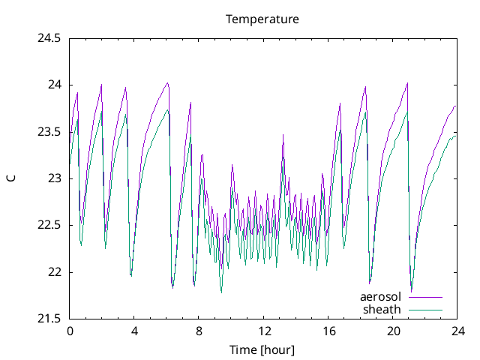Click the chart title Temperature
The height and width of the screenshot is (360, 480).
point(262,19)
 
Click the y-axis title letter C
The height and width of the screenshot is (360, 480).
point(10,178)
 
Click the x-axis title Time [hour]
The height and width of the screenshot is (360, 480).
point(262,350)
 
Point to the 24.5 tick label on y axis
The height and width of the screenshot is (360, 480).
point(49,37)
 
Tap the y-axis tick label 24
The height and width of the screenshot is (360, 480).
point(53,85)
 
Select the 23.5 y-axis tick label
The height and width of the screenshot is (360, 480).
point(49,131)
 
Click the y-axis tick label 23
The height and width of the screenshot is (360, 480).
point(53,178)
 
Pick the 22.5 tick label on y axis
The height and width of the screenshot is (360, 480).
point(49,225)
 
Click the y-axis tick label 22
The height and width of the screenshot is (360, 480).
point(53,272)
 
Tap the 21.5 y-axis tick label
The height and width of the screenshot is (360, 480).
point(49,319)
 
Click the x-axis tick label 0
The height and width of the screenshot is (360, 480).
point(70,331)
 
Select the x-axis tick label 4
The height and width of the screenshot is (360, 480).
point(134,331)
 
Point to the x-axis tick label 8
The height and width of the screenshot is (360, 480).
point(199,331)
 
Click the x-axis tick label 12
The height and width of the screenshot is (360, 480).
point(264,331)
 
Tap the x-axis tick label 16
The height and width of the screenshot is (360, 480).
point(328,331)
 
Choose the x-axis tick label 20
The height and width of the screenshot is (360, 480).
point(393,331)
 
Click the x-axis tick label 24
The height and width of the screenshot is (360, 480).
point(457,331)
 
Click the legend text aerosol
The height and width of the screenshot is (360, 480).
point(381,297)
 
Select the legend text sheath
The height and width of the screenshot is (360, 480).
point(382,309)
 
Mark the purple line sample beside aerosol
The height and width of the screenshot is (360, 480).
point(425,298)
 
